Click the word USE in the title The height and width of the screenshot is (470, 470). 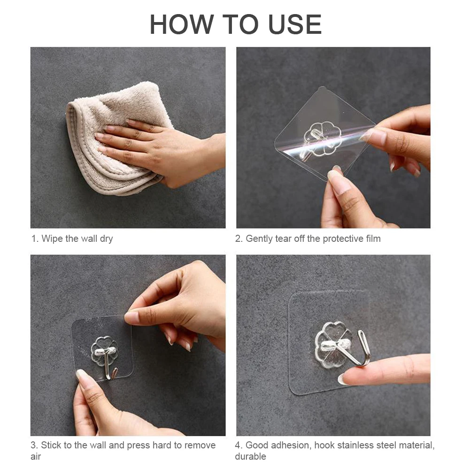295,24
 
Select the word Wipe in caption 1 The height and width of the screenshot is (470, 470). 52,239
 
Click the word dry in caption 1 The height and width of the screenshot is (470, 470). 107,239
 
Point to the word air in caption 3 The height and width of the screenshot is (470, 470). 36,456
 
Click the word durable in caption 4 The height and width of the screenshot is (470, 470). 251,456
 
